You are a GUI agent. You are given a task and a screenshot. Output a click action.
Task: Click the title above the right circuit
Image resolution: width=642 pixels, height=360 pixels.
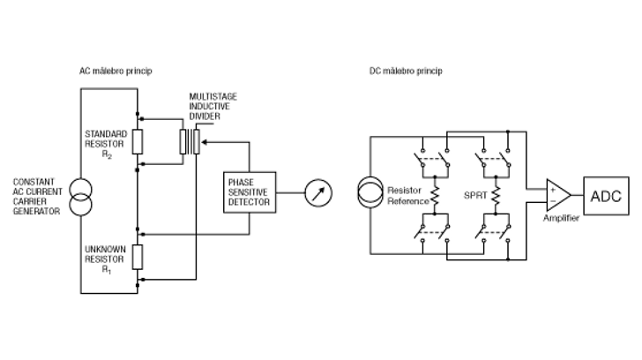pos(406,71)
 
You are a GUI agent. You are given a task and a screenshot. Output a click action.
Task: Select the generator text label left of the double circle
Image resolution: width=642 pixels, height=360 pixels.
pos(36,197)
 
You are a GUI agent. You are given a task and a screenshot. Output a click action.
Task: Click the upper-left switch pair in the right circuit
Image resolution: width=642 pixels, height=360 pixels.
pos(433,159)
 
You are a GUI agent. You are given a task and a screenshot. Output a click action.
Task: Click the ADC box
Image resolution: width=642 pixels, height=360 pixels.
pos(608,193)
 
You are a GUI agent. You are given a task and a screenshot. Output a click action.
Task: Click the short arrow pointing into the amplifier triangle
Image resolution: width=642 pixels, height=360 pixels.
pos(533,190)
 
